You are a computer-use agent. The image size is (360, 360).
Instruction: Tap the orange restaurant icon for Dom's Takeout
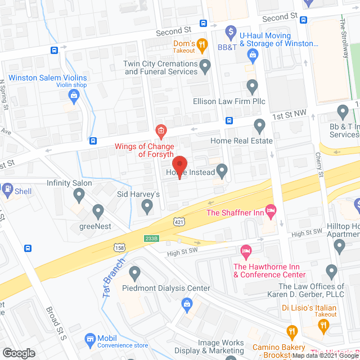pyautogui.click(x=203, y=44)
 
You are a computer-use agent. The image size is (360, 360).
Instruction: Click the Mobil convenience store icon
pyautogui.click(x=89, y=339)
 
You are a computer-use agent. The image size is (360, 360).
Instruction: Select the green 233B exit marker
pyautogui.click(x=151, y=238)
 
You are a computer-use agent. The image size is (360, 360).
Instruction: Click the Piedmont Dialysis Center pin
pyautogui.click(x=134, y=274)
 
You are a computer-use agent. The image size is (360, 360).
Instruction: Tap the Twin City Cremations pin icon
pyautogui.click(x=205, y=67)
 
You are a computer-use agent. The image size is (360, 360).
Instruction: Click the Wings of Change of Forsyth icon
pyautogui.click(x=160, y=133)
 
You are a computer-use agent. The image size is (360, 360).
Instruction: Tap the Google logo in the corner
pyautogui.click(x=18, y=353)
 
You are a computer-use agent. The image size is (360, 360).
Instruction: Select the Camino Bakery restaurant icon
pyautogui.click(x=291, y=332)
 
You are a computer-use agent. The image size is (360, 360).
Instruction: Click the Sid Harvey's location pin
pyautogui.click(x=147, y=208)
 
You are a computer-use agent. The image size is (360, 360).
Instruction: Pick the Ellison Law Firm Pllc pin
pyautogui.click(x=252, y=87)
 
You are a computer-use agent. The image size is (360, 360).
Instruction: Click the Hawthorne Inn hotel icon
pyautogui.click(x=245, y=250)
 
